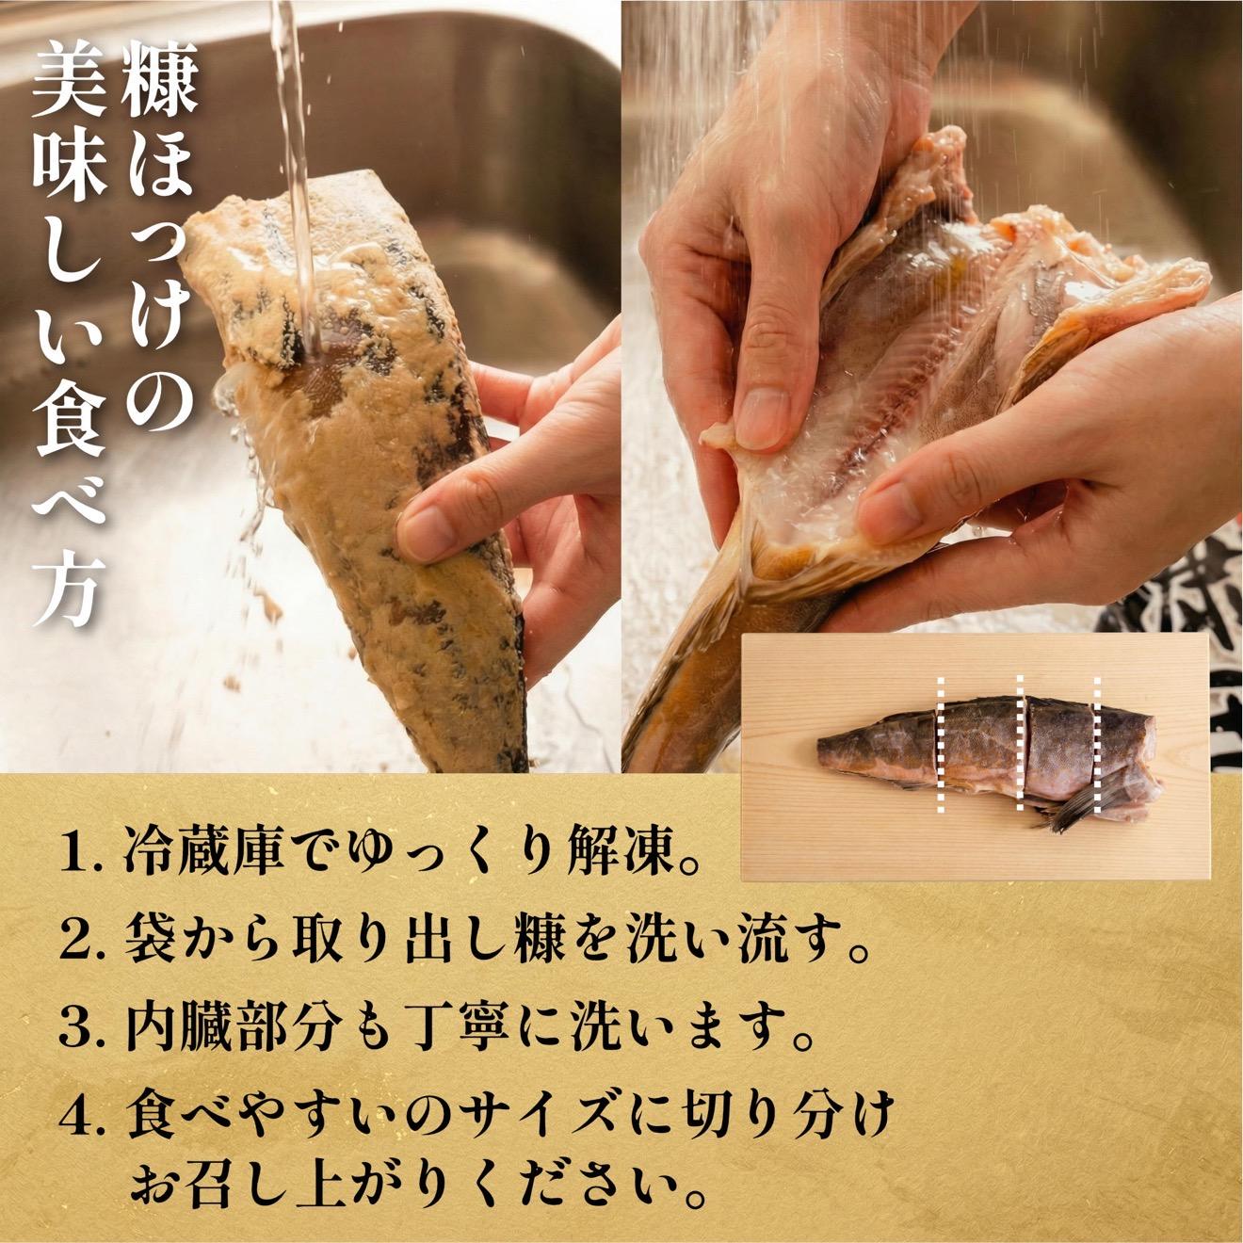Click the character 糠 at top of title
(157, 90)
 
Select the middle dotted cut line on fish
(1020, 743)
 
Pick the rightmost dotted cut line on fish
(1097, 743)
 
